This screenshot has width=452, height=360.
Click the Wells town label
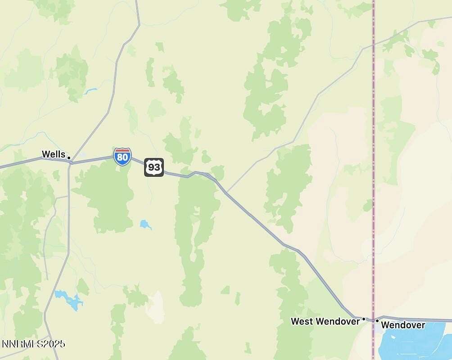(53, 154)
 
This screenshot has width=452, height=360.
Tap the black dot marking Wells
(69, 157)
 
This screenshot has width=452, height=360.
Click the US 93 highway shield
(154, 167)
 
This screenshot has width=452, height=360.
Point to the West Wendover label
(325, 321)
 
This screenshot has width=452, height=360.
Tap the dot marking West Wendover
(364, 319)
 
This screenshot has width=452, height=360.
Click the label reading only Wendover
(403, 325)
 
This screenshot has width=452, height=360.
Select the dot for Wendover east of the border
(377, 320)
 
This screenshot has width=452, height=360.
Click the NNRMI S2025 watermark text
(33, 344)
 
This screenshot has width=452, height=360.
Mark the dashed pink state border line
(373, 135)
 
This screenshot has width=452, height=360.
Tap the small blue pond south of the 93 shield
(145, 224)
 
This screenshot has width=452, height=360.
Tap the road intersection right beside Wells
(71, 162)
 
